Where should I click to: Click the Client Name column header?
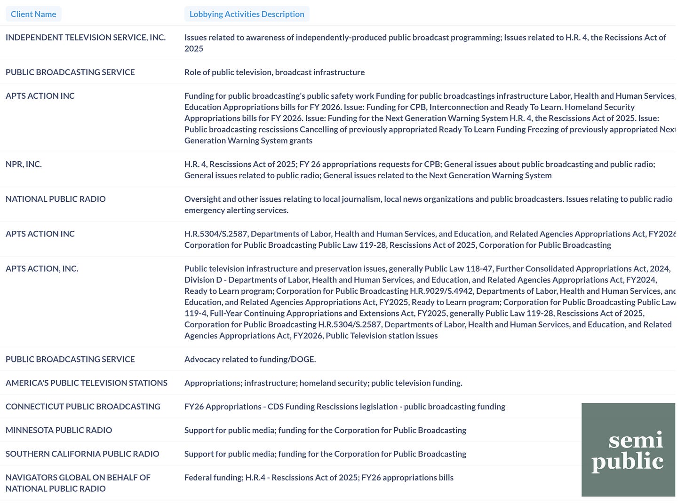33,14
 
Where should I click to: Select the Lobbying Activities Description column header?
247,14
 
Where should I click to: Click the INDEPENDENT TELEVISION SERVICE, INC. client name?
86,37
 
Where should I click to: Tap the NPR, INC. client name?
24,164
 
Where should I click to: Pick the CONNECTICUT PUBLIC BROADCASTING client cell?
83,406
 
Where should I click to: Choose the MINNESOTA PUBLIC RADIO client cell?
59,430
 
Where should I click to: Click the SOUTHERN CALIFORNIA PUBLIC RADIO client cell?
82,454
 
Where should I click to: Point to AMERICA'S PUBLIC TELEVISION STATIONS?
87,383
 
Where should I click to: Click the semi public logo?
628,449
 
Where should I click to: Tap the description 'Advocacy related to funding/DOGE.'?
250,359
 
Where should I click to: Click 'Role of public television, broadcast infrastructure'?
274,72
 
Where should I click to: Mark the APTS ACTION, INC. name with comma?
42,268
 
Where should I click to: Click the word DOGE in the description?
302,359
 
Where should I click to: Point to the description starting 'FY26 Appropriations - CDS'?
344,406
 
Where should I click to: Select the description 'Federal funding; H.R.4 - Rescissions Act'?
319,477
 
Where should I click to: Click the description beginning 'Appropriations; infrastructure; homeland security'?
323,383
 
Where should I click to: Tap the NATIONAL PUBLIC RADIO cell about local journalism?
56,199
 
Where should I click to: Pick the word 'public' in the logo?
627,462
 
